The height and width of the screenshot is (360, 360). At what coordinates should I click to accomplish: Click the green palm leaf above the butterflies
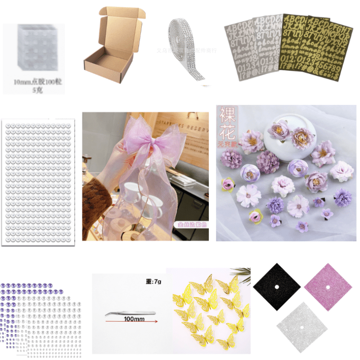[x=241, y=272]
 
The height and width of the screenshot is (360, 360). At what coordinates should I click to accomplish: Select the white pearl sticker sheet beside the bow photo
[x=39, y=182]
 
